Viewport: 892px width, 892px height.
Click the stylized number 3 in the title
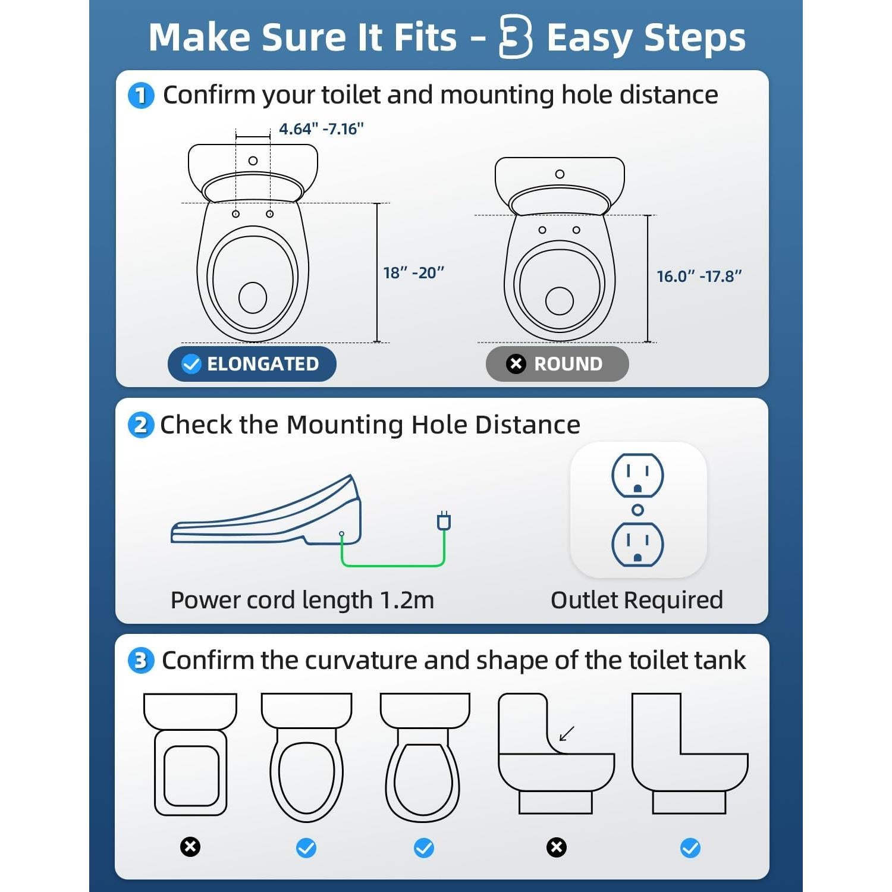515,37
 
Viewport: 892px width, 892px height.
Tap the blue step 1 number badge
141,96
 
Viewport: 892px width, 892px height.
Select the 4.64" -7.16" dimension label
321,129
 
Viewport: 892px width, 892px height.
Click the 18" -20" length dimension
414,273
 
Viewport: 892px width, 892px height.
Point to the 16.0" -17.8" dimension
699,277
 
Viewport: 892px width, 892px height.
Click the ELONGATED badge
252,364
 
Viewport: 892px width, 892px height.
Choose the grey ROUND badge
557,364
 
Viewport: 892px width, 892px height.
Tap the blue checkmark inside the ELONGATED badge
191,364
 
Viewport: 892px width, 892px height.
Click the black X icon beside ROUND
516,364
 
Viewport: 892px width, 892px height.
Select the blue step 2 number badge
141,426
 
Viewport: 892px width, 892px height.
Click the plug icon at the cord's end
444,521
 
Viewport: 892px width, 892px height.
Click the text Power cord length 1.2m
302,601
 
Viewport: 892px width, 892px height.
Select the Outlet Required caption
636,601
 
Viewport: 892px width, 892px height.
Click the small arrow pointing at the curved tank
567,734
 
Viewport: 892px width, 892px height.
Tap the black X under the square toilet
190,847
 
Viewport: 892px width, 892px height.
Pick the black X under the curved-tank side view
557,847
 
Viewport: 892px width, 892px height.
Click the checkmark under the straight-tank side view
690,848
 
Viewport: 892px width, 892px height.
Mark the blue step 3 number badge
141,661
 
